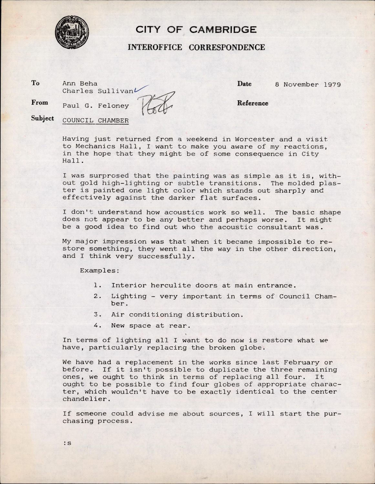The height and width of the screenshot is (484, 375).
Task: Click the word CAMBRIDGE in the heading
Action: pyautogui.click(x=223, y=30)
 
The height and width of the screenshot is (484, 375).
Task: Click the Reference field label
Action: pyautogui.click(x=253, y=103)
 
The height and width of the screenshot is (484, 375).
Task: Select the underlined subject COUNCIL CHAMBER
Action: pyautogui.click(x=95, y=121)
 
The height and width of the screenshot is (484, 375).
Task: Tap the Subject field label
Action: pyautogui.click(x=42, y=118)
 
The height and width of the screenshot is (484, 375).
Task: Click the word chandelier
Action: pyautogui.click(x=83, y=399)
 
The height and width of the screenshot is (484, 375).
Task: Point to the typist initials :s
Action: pyautogui.click(x=68, y=443)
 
